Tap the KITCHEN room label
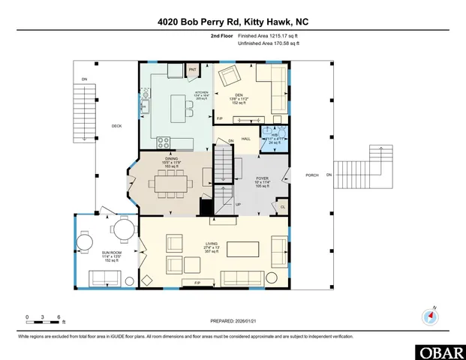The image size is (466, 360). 179,92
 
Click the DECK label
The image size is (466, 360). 116,126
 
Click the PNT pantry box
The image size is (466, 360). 191,69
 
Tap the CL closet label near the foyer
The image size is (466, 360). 282,206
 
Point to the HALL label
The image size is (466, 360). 245,139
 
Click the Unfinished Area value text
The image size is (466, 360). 268,44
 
